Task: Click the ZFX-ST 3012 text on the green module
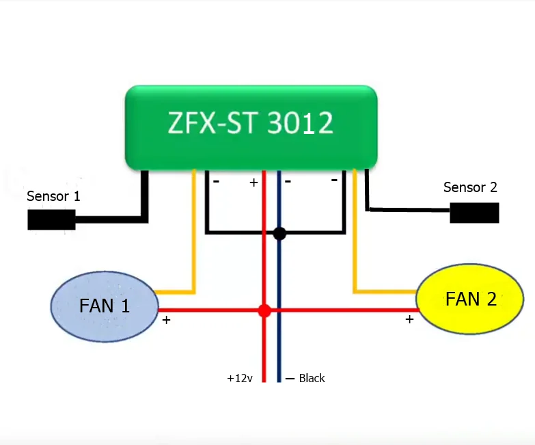(x=250, y=124)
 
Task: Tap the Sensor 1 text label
(x=53, y=197)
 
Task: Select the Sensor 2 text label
(x=470, y=187)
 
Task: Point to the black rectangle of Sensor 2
(x=474, y=213)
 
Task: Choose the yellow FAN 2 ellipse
(x=470, y=299)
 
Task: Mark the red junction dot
(x=264, y=311)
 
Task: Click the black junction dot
(x=279, y=234)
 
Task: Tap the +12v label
(x=240, y=378)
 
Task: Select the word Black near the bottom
(x=312, y=378)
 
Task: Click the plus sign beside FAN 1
(x=166, y=319)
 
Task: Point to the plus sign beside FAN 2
(x=409, y=319)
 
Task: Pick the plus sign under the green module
(x=253, y=183)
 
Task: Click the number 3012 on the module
(x=300, y=124)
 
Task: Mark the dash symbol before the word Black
(x=290, y=379)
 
